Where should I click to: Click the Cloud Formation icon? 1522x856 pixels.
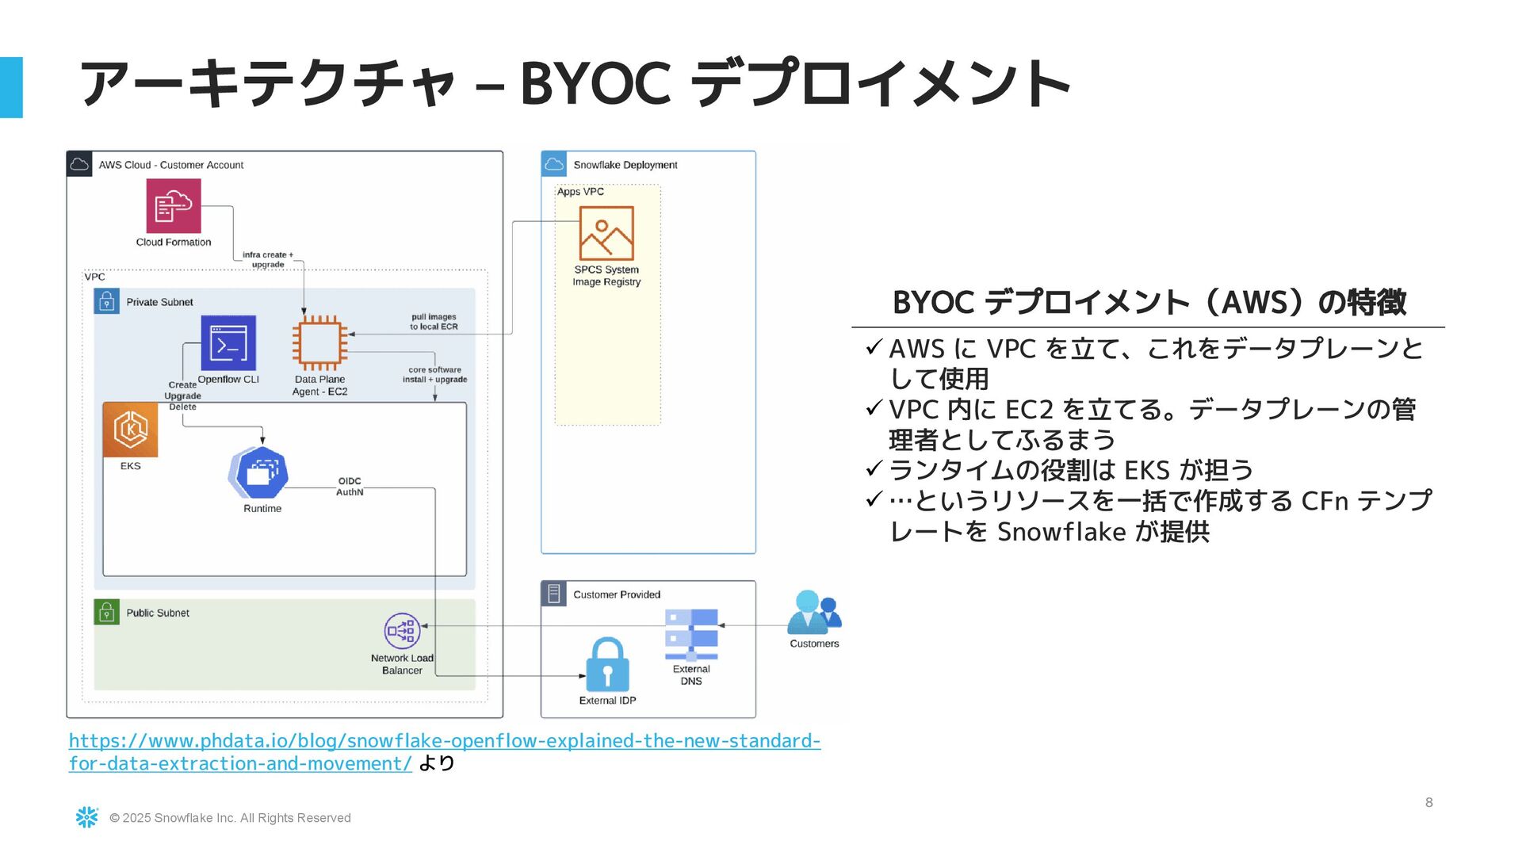[174, 206]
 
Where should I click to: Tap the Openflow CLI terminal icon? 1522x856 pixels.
[228, 343]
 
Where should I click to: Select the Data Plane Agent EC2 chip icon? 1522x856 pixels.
[319, 343]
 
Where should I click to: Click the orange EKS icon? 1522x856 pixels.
[131, 430]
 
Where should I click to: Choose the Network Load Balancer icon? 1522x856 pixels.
[402, 631]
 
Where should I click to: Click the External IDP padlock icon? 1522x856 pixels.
[607, 665]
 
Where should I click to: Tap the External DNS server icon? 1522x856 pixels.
[691, 634]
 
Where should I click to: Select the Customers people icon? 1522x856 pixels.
[814, 613]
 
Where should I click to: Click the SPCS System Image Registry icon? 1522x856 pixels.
[606, 233]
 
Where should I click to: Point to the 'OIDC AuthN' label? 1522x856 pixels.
[350, 487]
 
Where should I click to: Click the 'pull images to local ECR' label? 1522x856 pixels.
[434, 322]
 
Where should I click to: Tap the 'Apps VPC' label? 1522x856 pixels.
[580, 192]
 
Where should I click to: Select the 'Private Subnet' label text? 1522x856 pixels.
[159, 302]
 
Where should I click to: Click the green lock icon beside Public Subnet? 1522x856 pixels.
[106, 612]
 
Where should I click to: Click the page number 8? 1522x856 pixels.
[1428, 802]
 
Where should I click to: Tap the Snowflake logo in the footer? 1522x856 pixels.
[86, 817]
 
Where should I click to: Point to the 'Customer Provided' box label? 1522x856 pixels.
[616, 594]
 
